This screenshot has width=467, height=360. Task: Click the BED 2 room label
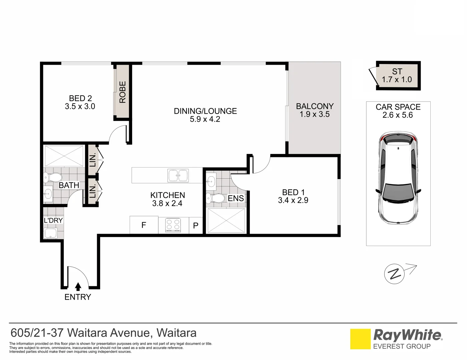pyautogui.click(x=80, y=98)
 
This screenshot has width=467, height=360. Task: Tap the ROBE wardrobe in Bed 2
pyautogui.click(x=122, y=92)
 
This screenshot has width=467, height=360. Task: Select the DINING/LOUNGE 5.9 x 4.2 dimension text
pyautogui.click(x=205, y=119)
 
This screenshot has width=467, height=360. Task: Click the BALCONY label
pyautogui.click(x=315, y=106)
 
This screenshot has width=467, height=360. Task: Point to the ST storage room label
pyautogui.click(x=397, y=72)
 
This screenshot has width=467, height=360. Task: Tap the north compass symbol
pyautogui.click(x=395, y=274)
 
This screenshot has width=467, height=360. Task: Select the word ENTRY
pyautogui.click(x=78, y=297)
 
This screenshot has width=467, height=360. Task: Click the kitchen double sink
pyautogui.click(x=178, y=176)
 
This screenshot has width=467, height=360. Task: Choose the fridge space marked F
pyautogui.click(x=144, y=225)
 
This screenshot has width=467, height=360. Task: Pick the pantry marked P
pyautogui.click(x=196, y=226)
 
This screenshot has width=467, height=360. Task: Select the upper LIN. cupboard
pyautogui.click(x=92, y=160)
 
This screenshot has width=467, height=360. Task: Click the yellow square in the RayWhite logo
pyautogui.click(x=360, y=339)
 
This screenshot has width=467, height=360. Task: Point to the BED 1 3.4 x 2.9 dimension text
pyautogui.click(x=293, y=200)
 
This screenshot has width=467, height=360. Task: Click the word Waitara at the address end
pyautogui.click(x=176, y=333)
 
